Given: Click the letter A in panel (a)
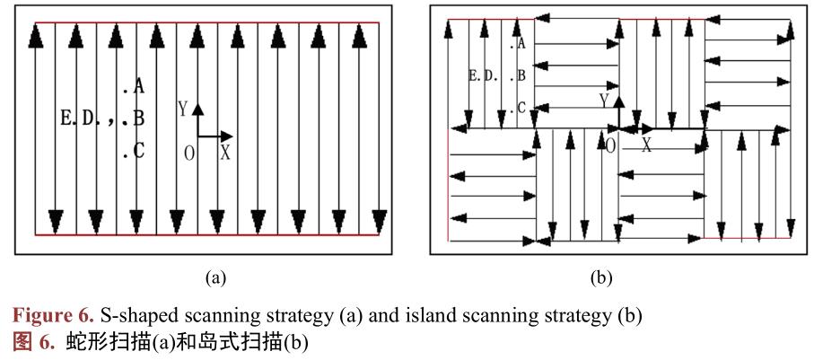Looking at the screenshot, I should tap(138, 87).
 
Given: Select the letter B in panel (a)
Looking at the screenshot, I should tap(138, 119).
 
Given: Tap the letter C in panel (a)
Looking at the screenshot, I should tap(138, 151).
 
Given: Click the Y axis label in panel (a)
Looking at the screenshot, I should tap(182, 110).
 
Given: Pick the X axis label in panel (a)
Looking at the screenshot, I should tap(225, 153).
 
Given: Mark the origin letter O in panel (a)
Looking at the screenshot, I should tap(189, 154).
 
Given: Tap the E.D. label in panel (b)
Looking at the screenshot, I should tap(484, 76).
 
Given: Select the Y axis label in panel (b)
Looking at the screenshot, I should tap(605, 99).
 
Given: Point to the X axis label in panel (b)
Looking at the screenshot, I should tap(645, 145).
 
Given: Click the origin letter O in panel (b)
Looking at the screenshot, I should tap(610, 145).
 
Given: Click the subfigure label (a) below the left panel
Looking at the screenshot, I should tap(215, 278).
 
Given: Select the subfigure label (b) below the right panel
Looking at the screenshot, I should tap(600, 278).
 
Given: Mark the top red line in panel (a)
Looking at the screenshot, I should tap(206, 22).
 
